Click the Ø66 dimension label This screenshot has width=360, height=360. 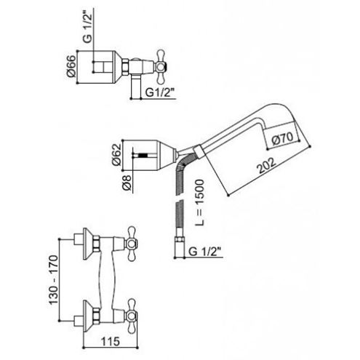click(71, 66)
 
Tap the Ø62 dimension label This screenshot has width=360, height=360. click(116, 154)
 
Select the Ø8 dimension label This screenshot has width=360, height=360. click(127, 183)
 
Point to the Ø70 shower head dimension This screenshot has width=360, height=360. click(282, 139)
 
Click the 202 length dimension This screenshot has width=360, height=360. click(267, 166)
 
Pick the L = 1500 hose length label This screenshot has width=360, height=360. click(200, 202)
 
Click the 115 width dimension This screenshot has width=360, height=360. click(111, 341)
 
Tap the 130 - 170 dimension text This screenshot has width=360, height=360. click(54, 279)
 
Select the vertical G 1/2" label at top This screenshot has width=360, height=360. click(88, 28)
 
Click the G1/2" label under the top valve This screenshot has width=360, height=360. click(160, 92)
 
